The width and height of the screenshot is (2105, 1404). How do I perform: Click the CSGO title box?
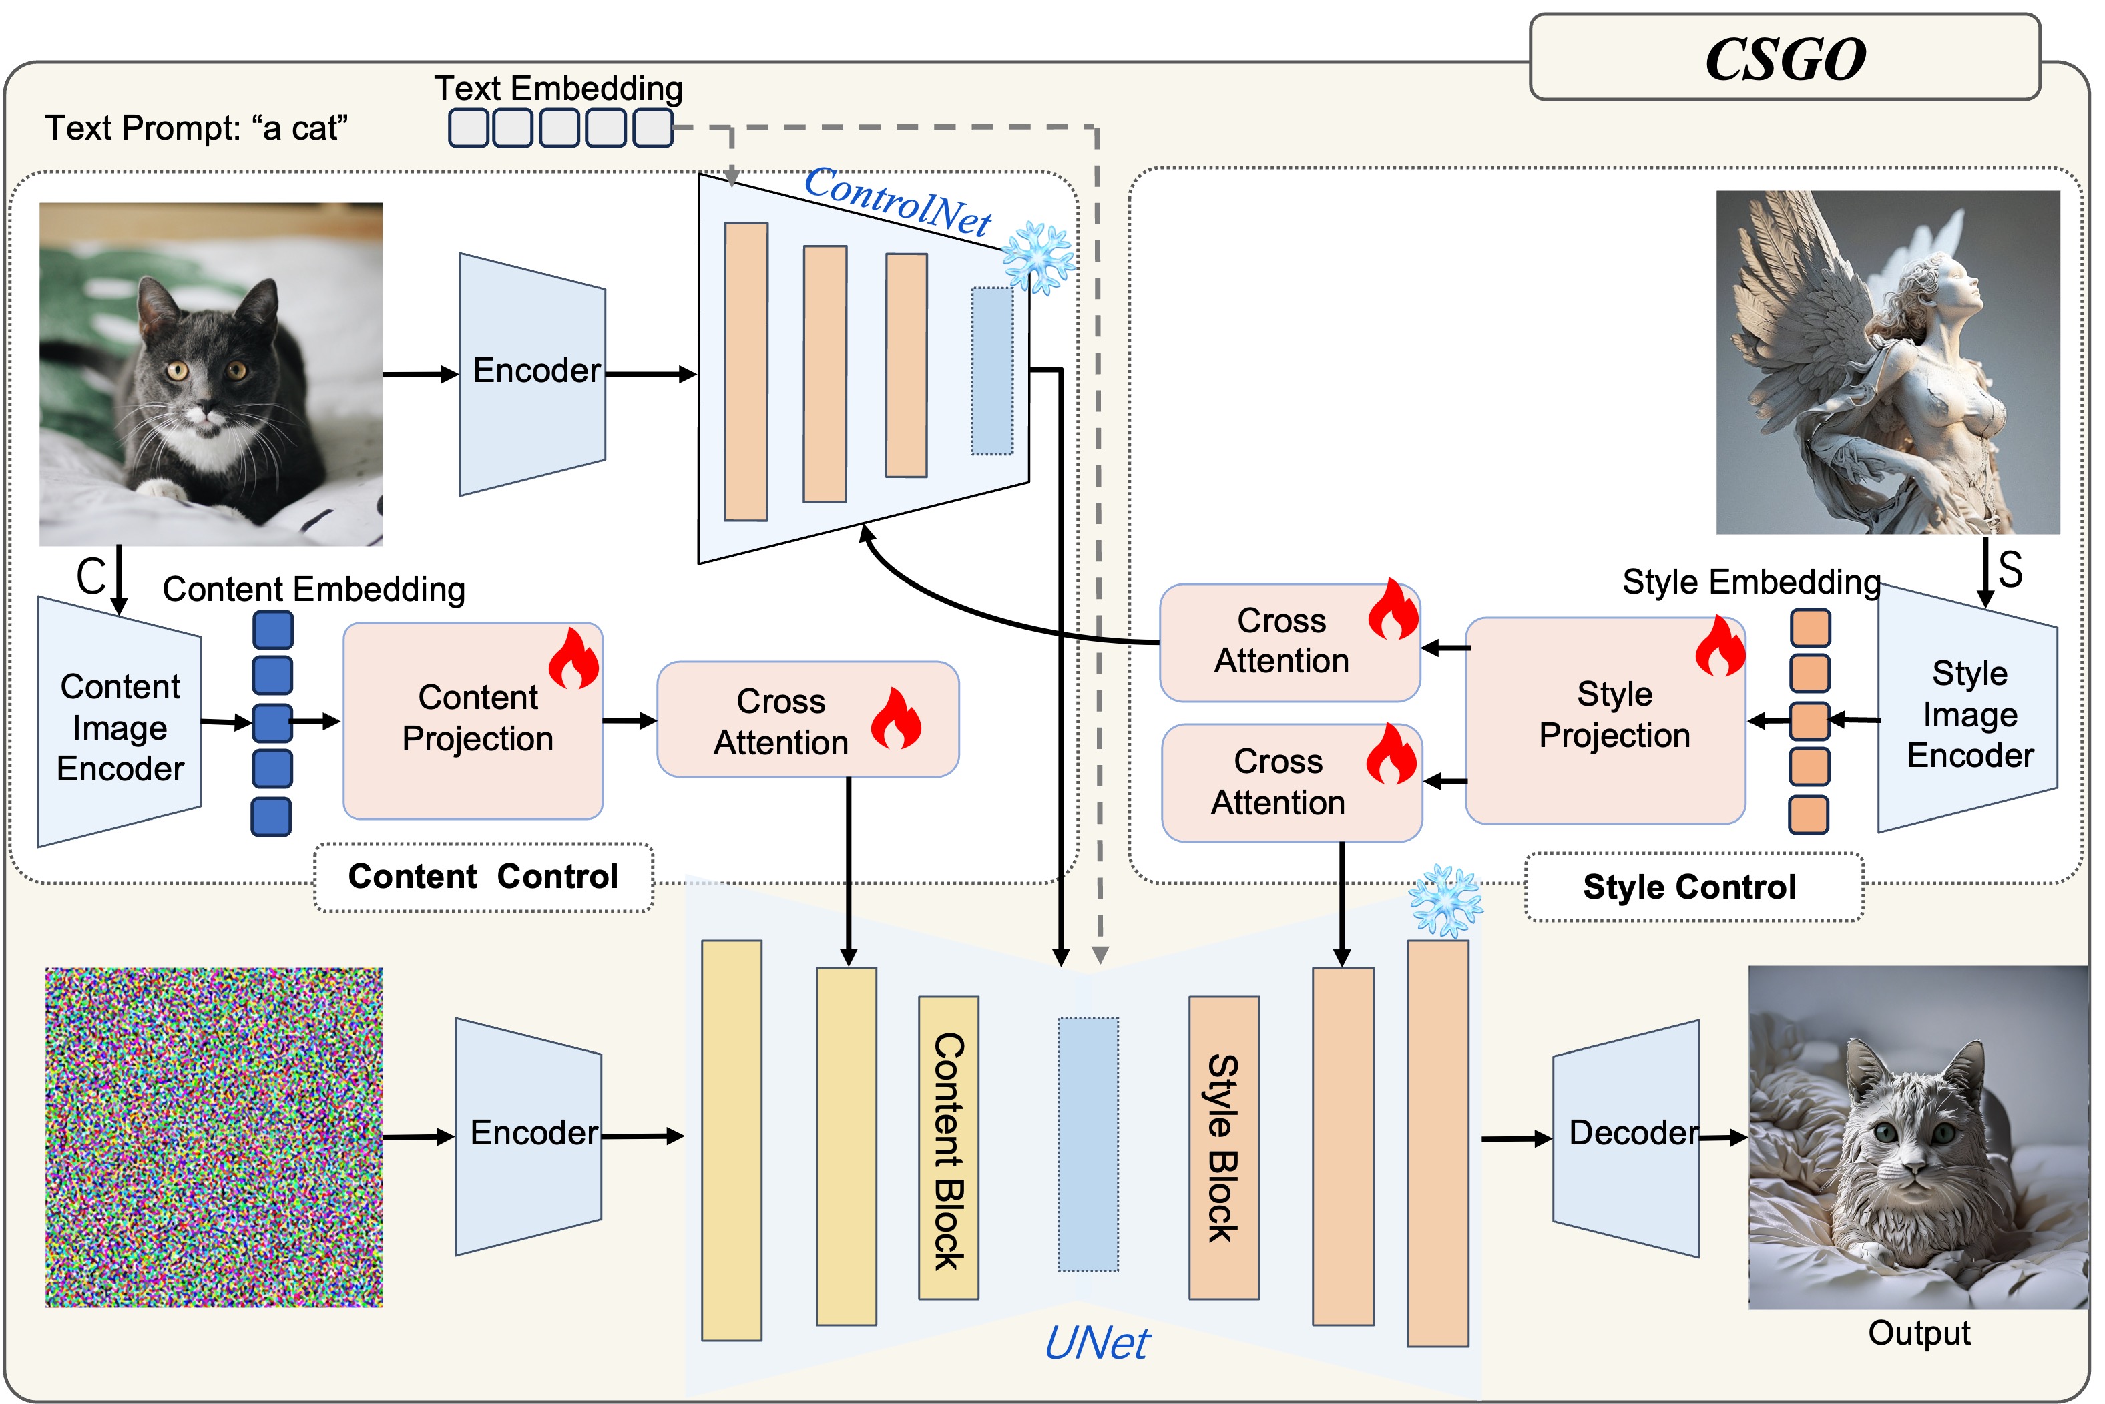(x=1784, y=57)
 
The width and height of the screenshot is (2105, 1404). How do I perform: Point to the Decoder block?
(x=1625, y=1136)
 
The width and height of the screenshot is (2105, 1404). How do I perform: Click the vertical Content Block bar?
(x=948, y=1148)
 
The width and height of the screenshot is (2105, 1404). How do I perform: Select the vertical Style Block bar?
(x=1223, y=1148)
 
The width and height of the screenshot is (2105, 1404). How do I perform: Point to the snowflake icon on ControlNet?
(x=1039, y=257)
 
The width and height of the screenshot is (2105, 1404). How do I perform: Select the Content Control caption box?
(x=483, y=877)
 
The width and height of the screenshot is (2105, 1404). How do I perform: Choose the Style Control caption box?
(x=1693, y=887)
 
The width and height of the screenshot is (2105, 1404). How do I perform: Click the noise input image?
(x=214, y=1136)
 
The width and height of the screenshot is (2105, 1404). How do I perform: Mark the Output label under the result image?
(x=1919, y=1333)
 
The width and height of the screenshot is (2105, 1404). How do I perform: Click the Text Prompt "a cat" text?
(x=196, y=128)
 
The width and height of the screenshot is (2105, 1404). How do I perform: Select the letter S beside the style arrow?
(x=2010, y=569)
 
